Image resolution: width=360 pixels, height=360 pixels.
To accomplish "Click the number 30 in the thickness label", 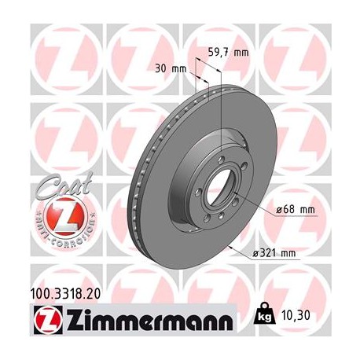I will tap(161, 68).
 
